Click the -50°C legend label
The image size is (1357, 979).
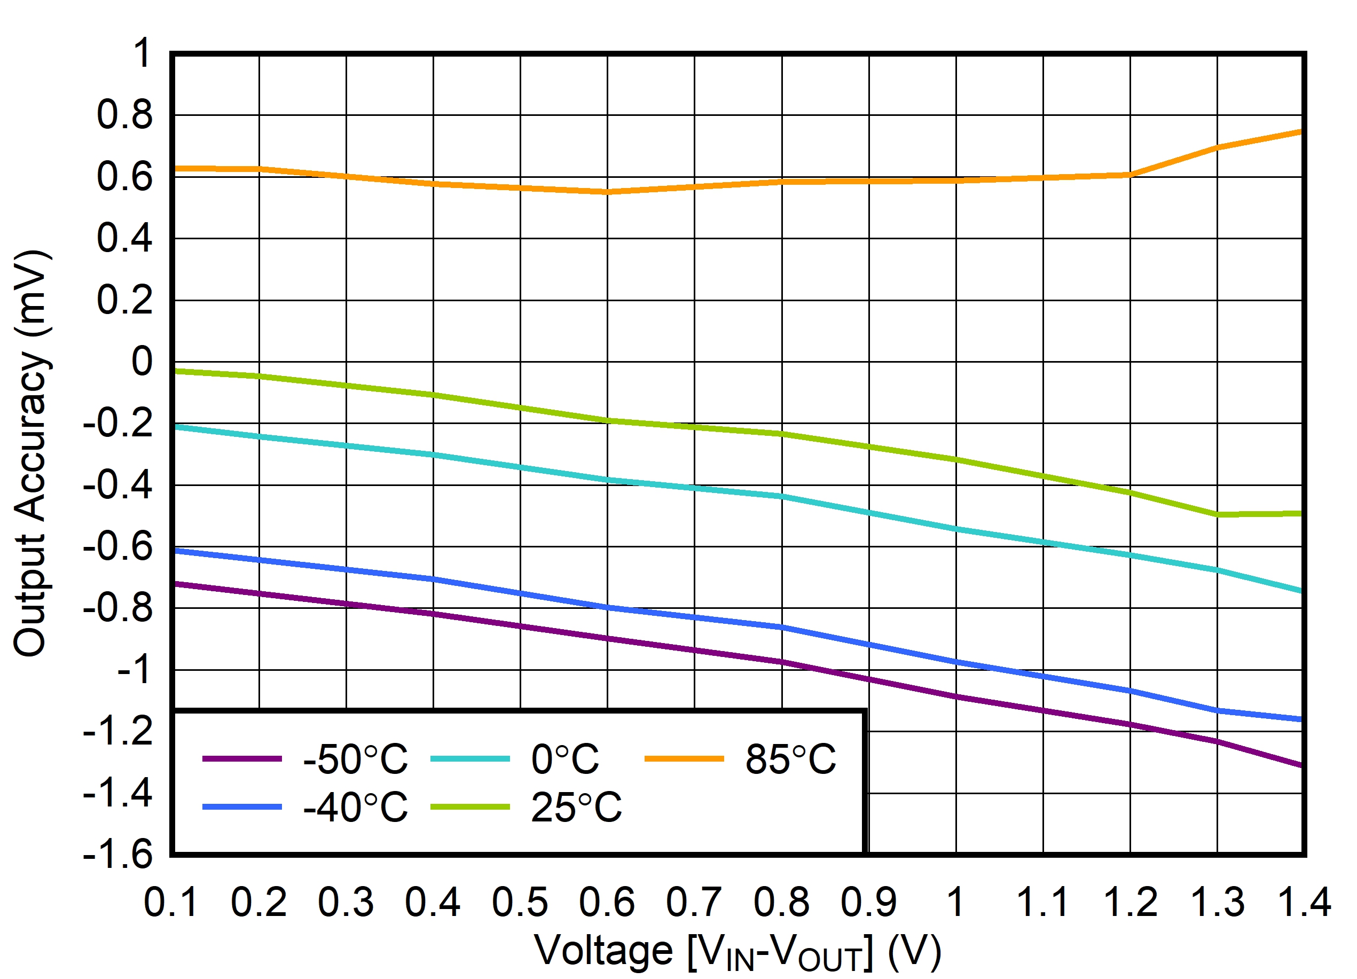coord(356,759)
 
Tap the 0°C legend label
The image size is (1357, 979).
coord(565,759)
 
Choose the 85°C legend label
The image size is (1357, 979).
coord(790,759)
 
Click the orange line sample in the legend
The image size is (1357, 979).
coord(684,759)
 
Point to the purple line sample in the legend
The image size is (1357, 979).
coord(242,759)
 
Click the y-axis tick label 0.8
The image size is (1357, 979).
coord(124,115)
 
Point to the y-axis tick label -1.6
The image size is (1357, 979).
coord(118,854)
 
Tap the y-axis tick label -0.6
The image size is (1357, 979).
coord(118,546)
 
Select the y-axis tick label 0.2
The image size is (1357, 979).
coord(124,300)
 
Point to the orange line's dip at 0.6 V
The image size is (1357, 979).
coord(607,192)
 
